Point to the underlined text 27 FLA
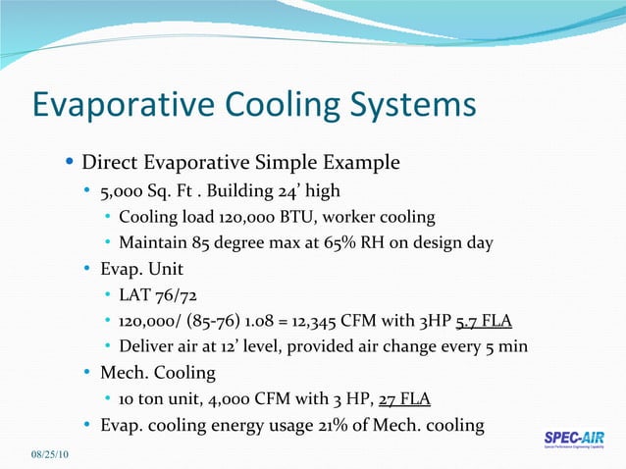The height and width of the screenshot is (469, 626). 403,398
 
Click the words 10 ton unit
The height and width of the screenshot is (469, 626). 156,398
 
